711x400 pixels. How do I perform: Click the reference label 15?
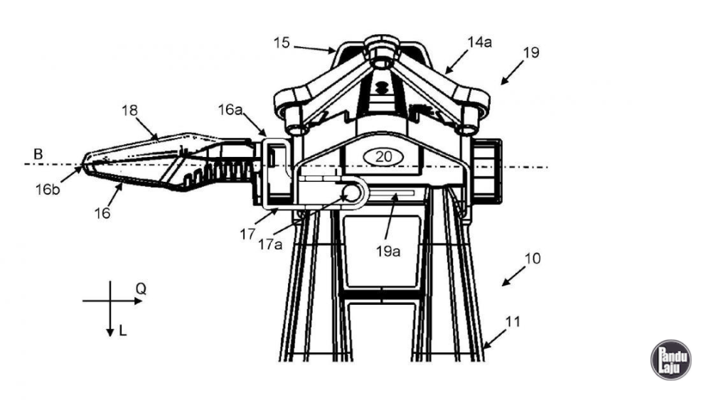[x=282, y=43]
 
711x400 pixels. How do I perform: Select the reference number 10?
[x=531, y=259]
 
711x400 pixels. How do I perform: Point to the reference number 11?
[x=513, y=322]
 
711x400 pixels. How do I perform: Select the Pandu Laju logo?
[x=670, y=360]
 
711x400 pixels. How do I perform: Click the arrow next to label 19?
[x=513, y=73]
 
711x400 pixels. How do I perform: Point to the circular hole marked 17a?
[x=352, y=193]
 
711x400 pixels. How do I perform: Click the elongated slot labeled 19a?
[x=390, y=193]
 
